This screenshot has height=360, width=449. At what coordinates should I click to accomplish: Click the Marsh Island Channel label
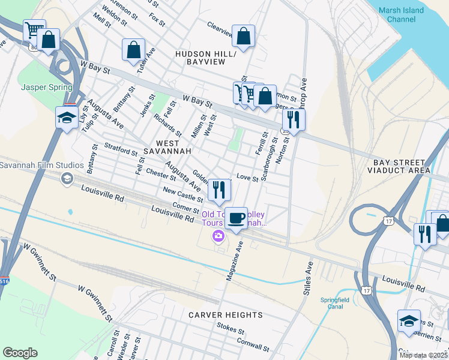pos(402,15)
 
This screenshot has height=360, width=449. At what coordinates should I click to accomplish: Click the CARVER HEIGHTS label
pos(225,314)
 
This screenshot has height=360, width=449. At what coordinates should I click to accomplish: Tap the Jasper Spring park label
pos(46,87)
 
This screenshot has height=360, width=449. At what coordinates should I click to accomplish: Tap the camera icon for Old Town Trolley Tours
pos(218,237)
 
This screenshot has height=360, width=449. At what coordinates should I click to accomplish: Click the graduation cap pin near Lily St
pos(66,117)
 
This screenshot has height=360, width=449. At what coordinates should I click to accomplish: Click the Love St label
pos(247,177)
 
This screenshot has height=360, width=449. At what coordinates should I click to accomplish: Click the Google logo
pos(20,353)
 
